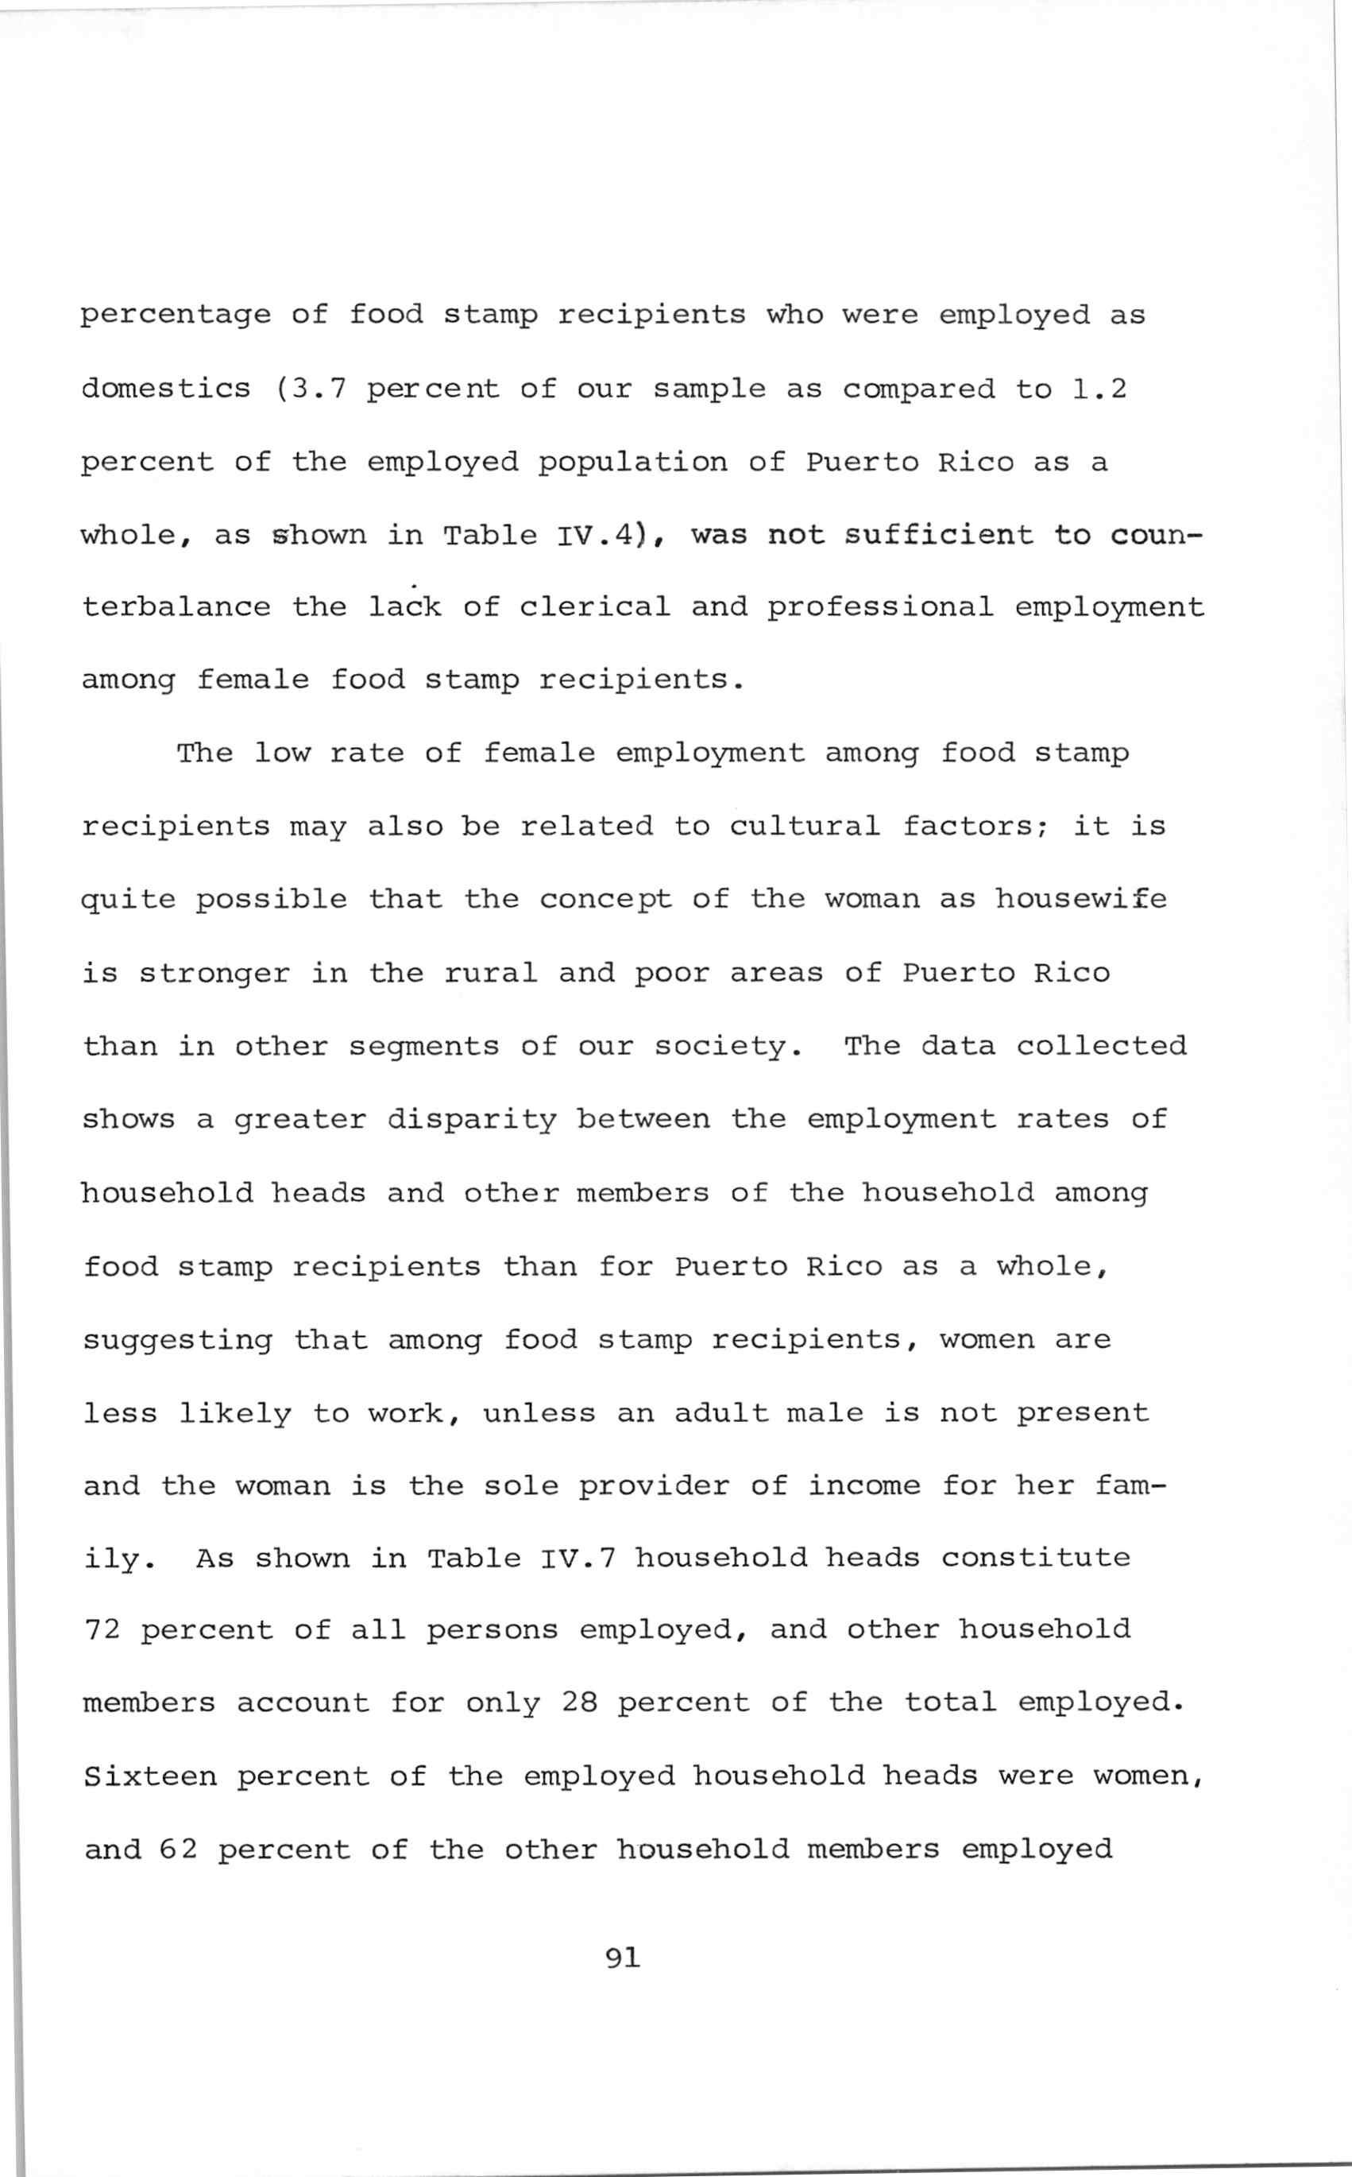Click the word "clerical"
(x=595, y=606)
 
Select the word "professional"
(x=880, y=606)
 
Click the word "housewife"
(x=1081, y=898)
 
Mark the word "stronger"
(x=214, y=972)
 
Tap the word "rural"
(x=491, y=972)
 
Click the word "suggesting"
(x=177, y=1340)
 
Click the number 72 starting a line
(x=101, y=1629)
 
